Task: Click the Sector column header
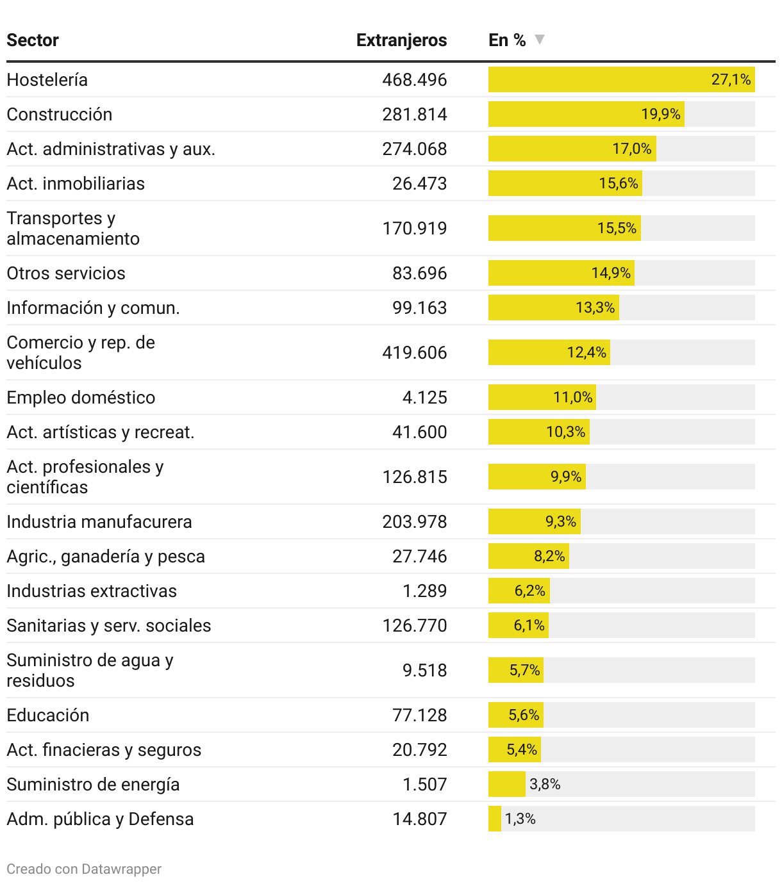tap(33, 40)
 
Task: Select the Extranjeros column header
tap(401, 40)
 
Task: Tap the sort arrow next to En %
tap(540, 40)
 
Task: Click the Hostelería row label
tap(47, 80)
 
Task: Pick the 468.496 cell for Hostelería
tap(414, 80)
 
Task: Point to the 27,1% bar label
tap(731, 79)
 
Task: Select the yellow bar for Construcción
tap(586, 114)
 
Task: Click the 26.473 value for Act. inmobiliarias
tap(419, 184)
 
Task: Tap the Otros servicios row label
tap(66, 274)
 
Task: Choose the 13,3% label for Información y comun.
tap(595, 308)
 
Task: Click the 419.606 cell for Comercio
tap(414, 353)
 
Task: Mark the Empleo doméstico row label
tap(81, 398)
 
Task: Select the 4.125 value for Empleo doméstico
tap(424, 398)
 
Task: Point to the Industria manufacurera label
tap(99, 522)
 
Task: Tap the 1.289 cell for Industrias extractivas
tap(424, 591)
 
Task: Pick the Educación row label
tap(48, 716)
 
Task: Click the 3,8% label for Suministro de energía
tap(545, 784)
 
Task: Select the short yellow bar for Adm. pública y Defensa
tap(494, 819)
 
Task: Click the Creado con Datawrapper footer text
tap(84, 869)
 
